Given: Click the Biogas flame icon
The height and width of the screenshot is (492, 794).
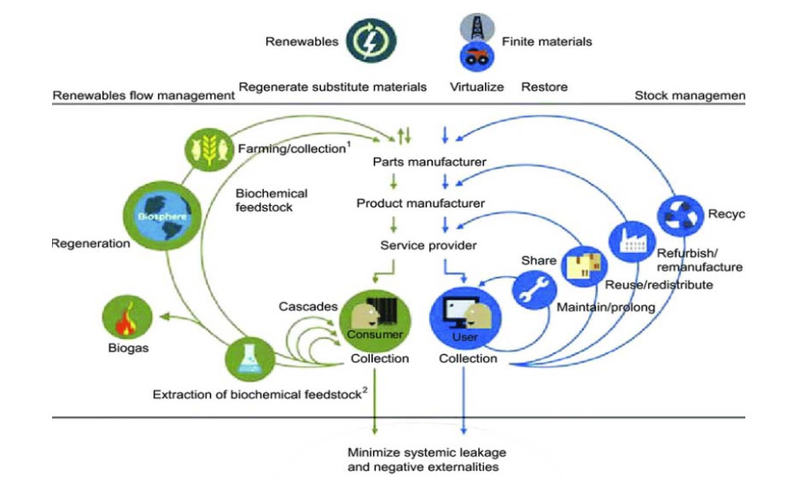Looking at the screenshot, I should coord(126,317).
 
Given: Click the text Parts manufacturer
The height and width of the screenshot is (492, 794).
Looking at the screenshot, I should coord(418,161).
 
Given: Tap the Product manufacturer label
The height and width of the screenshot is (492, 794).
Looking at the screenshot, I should coord(421,203).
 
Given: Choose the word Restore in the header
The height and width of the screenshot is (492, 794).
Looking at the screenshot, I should coord(545,87).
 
